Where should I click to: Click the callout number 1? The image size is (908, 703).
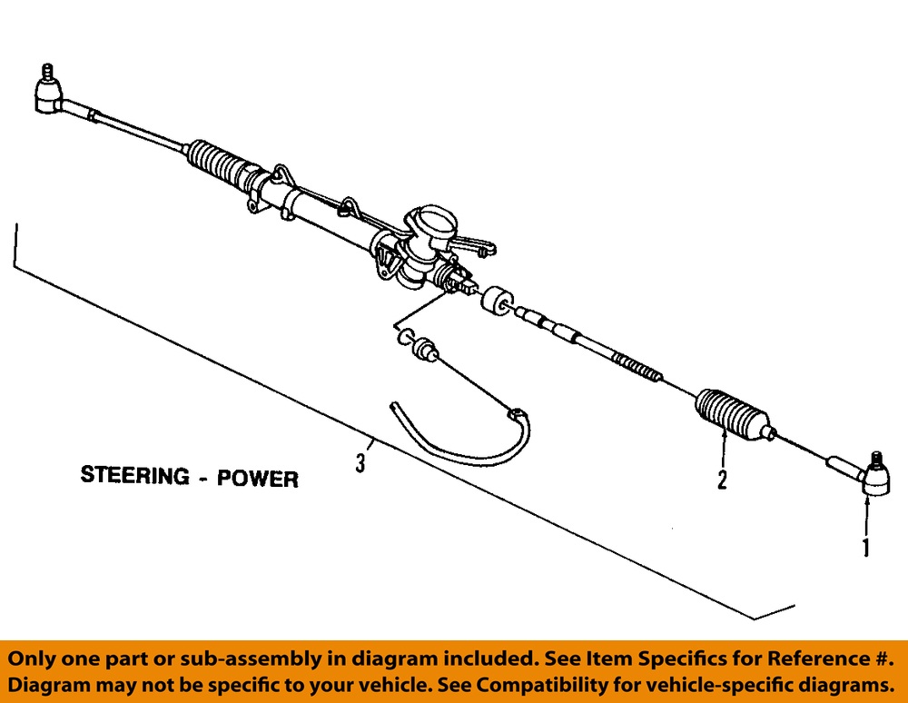(x=865, y=548)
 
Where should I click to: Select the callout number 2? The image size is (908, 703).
(x=723, y=480)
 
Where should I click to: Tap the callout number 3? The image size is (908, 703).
(x=360, y=463)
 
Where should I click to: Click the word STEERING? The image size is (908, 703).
(x=134, y=475)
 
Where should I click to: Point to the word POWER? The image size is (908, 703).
(x=257, y=478)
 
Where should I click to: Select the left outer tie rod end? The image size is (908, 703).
(x=48, y=96)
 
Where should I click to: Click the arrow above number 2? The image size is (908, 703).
(x=724, y=449)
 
